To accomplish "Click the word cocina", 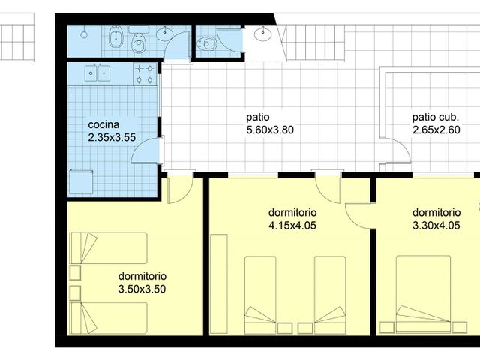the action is [103, 125].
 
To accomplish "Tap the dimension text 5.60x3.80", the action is [270, 130].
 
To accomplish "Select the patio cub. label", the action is [436, 118].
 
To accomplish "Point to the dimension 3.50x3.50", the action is [142, 289].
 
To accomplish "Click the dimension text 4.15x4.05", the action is [292, 226].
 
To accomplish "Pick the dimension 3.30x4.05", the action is [436, 226].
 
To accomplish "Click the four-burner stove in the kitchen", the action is [145, 73].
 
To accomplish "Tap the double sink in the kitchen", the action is [97, 73].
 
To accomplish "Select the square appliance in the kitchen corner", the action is [81, 182].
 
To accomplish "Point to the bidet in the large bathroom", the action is [116, 37].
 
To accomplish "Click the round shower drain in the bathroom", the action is [84, 34].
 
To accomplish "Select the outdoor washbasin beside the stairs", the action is [262, 34].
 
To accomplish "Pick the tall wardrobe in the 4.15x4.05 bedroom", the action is [219, 284].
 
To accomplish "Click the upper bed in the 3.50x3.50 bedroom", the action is [108, 248].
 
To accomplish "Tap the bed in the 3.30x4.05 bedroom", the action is [423, 295].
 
